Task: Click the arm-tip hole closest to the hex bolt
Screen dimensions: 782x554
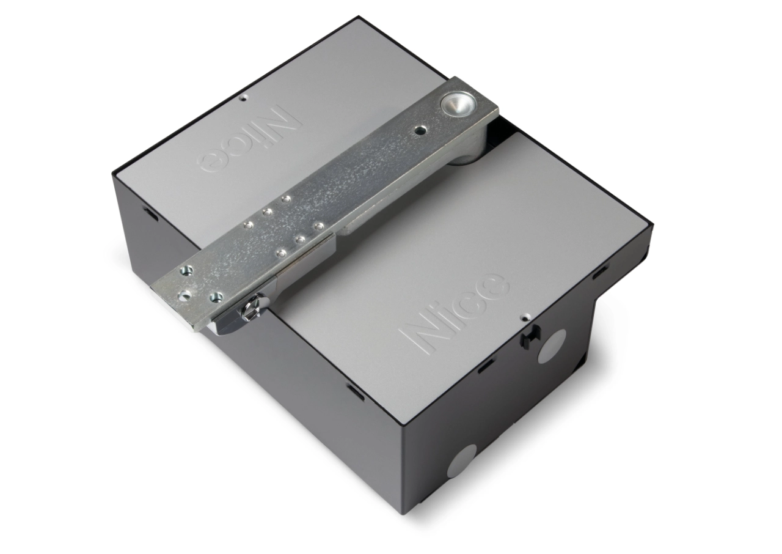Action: [x=214, y=297]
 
